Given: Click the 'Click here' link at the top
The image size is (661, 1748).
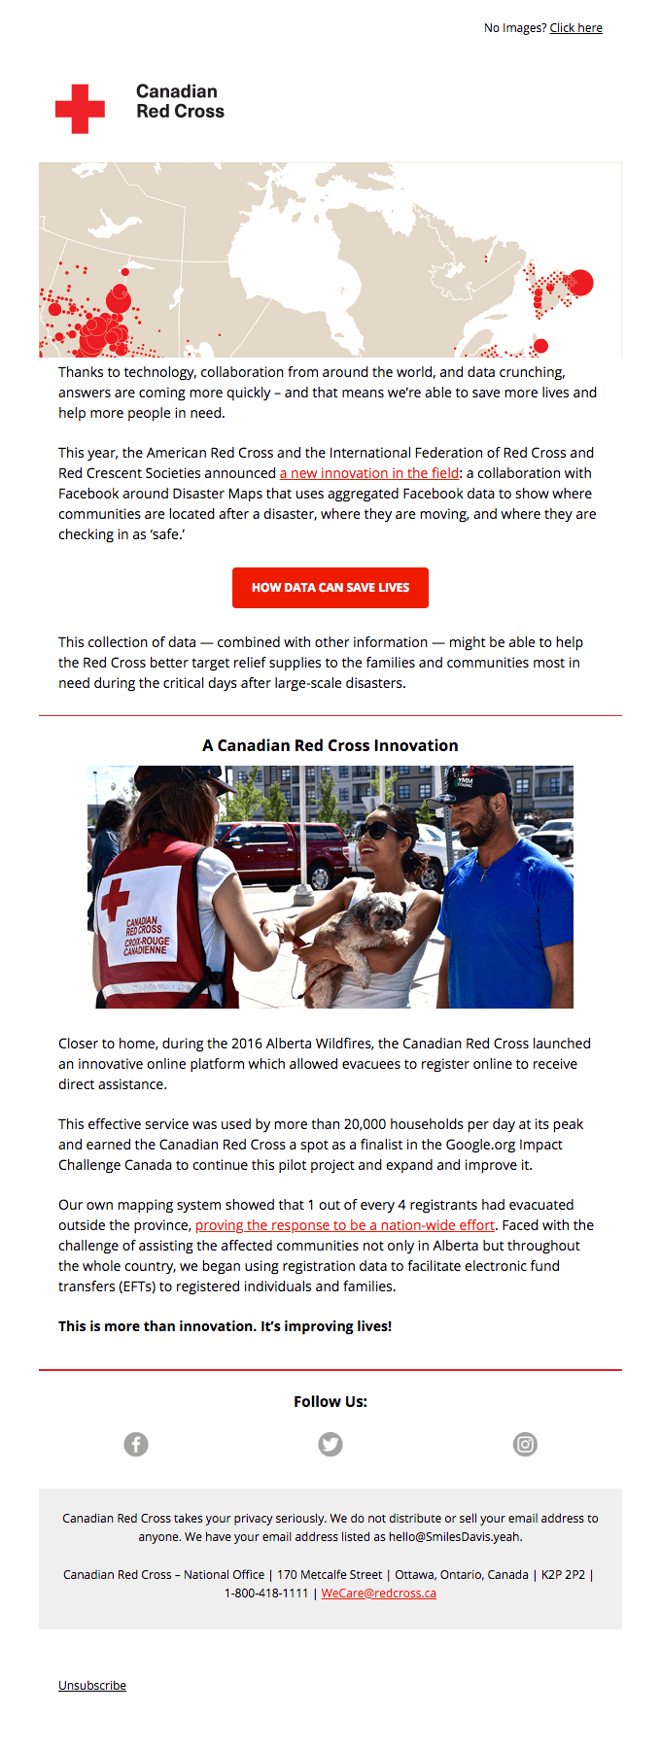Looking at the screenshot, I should tap(575, 28).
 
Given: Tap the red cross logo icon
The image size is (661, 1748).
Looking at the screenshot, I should tap(80, 109).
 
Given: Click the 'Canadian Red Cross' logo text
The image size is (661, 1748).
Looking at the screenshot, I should tap(180, 101).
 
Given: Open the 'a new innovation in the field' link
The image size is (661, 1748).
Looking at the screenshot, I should tap(369, 473).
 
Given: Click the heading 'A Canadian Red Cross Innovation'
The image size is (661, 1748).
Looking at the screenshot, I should tap(330, 745).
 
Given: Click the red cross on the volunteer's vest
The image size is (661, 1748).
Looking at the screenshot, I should tap(115, 898).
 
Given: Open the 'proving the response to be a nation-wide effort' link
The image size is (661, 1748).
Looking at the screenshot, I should tap(345, 1225).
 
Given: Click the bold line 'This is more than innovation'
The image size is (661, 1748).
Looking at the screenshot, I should tap(225, 1326).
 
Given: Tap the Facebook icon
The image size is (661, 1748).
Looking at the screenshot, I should tap(136, 1445).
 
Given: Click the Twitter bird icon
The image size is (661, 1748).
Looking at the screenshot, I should tap(330, 1445).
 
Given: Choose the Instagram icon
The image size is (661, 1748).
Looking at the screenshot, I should tap(525, 1445).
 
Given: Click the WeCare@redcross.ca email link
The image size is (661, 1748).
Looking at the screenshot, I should tap(378, 1593).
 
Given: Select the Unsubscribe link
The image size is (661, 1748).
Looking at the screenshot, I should tap(92, 1685).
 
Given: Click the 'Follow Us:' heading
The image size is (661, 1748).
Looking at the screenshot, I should tap(330, 1401).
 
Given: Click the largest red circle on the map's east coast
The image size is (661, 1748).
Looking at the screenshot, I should tap(579, 282).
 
